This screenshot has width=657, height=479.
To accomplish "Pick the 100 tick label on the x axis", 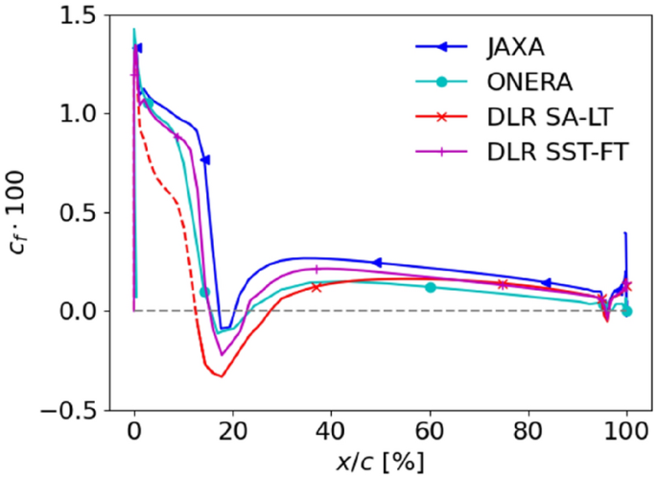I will (626, 429).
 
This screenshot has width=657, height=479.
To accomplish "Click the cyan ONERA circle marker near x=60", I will (430, 287).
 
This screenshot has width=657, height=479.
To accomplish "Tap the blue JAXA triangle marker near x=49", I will (377, 262).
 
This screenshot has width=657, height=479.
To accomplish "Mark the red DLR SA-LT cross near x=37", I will (317, 287).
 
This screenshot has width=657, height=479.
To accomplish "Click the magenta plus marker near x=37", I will (317, 270).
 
